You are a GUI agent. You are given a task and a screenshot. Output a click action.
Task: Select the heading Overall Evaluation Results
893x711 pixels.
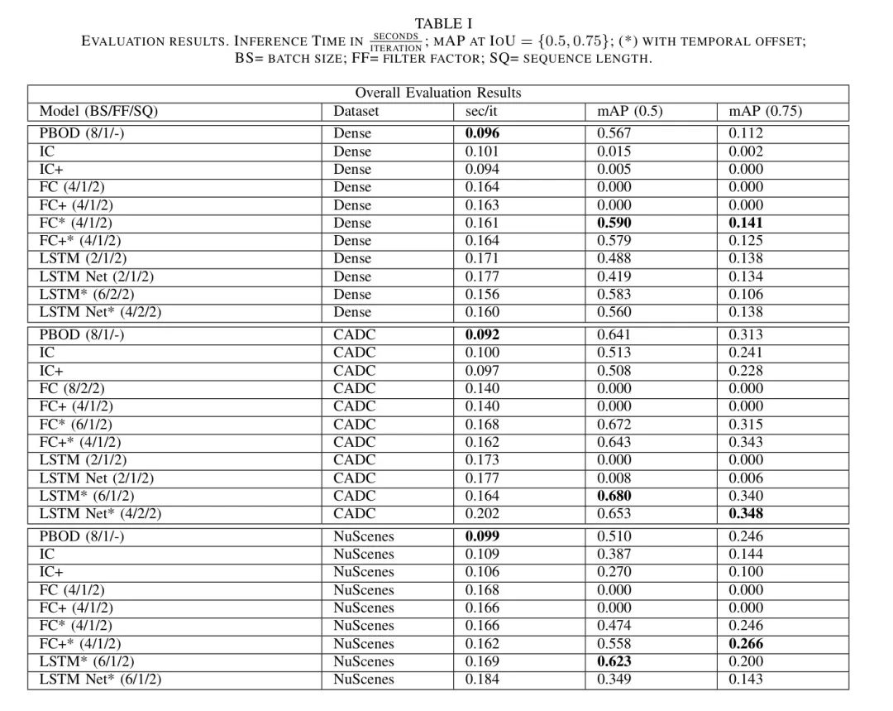437,93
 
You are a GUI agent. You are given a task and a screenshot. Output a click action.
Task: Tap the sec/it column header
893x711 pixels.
482,111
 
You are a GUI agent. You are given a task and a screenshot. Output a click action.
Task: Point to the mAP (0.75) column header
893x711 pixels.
765,111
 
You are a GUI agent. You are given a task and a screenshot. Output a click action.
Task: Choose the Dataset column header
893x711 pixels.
356,111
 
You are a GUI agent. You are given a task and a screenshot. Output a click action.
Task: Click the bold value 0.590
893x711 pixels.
614,223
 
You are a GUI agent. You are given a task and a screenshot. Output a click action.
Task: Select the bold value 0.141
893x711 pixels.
746,223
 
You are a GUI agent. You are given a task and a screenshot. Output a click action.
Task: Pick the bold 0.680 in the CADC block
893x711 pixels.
614,496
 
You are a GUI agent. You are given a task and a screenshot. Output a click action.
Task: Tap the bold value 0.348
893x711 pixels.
746,514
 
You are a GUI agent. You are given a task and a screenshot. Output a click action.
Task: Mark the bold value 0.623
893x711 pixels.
614,661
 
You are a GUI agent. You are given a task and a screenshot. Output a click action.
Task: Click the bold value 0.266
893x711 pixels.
746,643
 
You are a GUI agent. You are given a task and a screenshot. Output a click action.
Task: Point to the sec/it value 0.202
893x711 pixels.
482,514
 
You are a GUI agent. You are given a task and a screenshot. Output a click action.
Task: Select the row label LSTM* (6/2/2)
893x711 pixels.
87,294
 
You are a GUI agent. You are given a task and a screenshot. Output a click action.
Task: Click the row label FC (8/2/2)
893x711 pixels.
72,388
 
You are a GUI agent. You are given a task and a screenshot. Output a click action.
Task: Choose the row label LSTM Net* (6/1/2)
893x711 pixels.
100,680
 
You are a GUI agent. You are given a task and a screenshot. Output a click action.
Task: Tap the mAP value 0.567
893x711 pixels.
614,133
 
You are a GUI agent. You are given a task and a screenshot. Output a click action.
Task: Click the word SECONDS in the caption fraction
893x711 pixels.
396,36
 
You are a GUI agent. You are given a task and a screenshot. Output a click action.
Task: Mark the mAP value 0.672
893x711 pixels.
614,424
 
